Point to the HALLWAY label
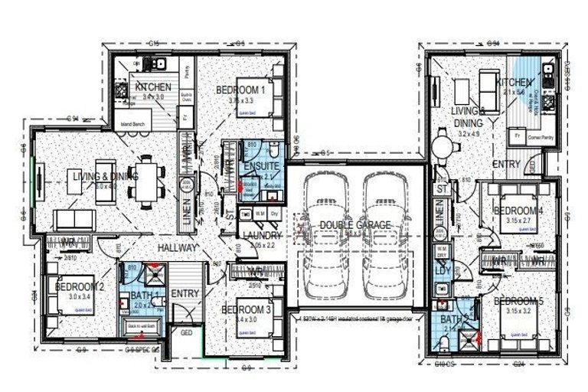[x=178, y=248]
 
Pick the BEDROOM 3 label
[x=244, y=309]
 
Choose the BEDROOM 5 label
[x=518, y=302]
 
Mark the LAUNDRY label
[x=263, y=236]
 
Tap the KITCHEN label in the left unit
[x=154, y=87]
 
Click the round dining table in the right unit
[x=443, y=145]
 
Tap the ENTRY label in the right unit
[x=506, y=164]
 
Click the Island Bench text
[x=132, y=124]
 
